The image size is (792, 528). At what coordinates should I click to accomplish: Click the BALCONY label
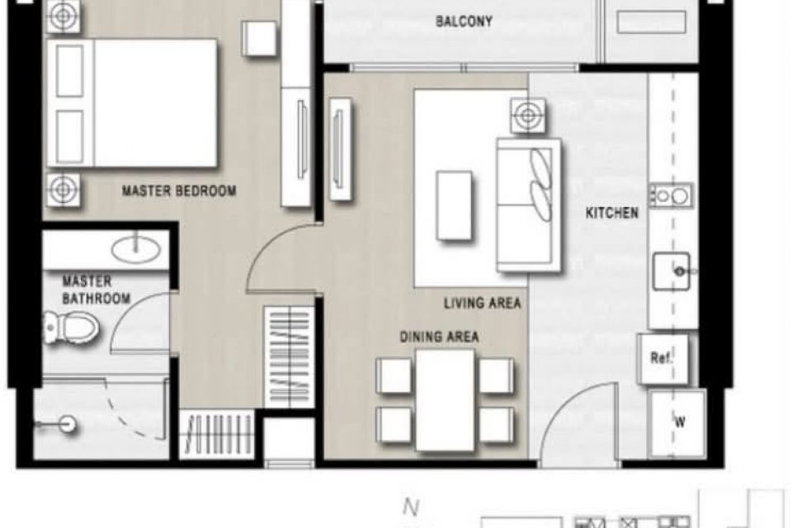tap(464, 21)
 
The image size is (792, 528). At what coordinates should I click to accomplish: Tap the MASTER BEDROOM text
tap(179, 191)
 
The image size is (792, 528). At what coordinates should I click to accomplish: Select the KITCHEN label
tap(611, 213)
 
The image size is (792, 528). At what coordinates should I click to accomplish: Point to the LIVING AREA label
tap(483, 303)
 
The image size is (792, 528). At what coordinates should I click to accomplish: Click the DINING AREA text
tap(440, 337)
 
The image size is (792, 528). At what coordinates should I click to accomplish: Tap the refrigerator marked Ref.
tap(662, 358)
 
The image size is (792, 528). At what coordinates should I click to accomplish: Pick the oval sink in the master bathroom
tap(135, 249)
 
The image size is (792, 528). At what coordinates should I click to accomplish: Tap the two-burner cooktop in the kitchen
tap(670, 196)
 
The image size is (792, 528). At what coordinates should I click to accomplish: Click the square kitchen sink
tap(671, 271)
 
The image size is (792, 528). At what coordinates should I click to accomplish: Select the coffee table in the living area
tap(454, 205)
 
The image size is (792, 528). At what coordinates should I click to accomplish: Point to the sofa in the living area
tap(528, 205)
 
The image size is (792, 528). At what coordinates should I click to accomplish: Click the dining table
tap(445, 399)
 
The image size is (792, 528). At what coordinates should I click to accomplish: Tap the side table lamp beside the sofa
tap(528, 115)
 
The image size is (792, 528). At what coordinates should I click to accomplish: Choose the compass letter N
tap(411, 507)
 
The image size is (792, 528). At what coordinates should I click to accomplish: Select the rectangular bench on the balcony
tap(651, 22)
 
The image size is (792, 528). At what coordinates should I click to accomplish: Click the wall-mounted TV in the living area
tap(340, 148)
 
